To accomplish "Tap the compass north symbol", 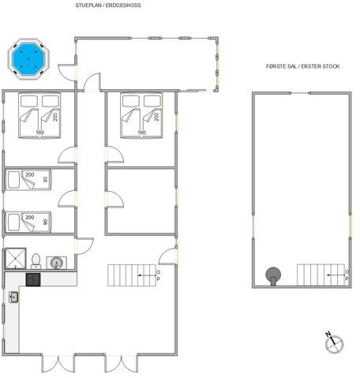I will click(x=334, y=342).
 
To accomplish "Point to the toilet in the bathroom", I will click(x=36, y=260).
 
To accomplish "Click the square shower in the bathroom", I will click(x=15, y=260).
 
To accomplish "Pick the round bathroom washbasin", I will click(x=57, y=262).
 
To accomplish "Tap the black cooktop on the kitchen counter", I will click(x=34, y=278).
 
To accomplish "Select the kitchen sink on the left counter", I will click(x=14, y=297).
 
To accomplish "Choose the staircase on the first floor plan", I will click(x=319, y=275).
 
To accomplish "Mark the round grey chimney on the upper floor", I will click(x=273, y=274).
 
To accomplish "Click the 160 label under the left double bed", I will click(x=40, y=132).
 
